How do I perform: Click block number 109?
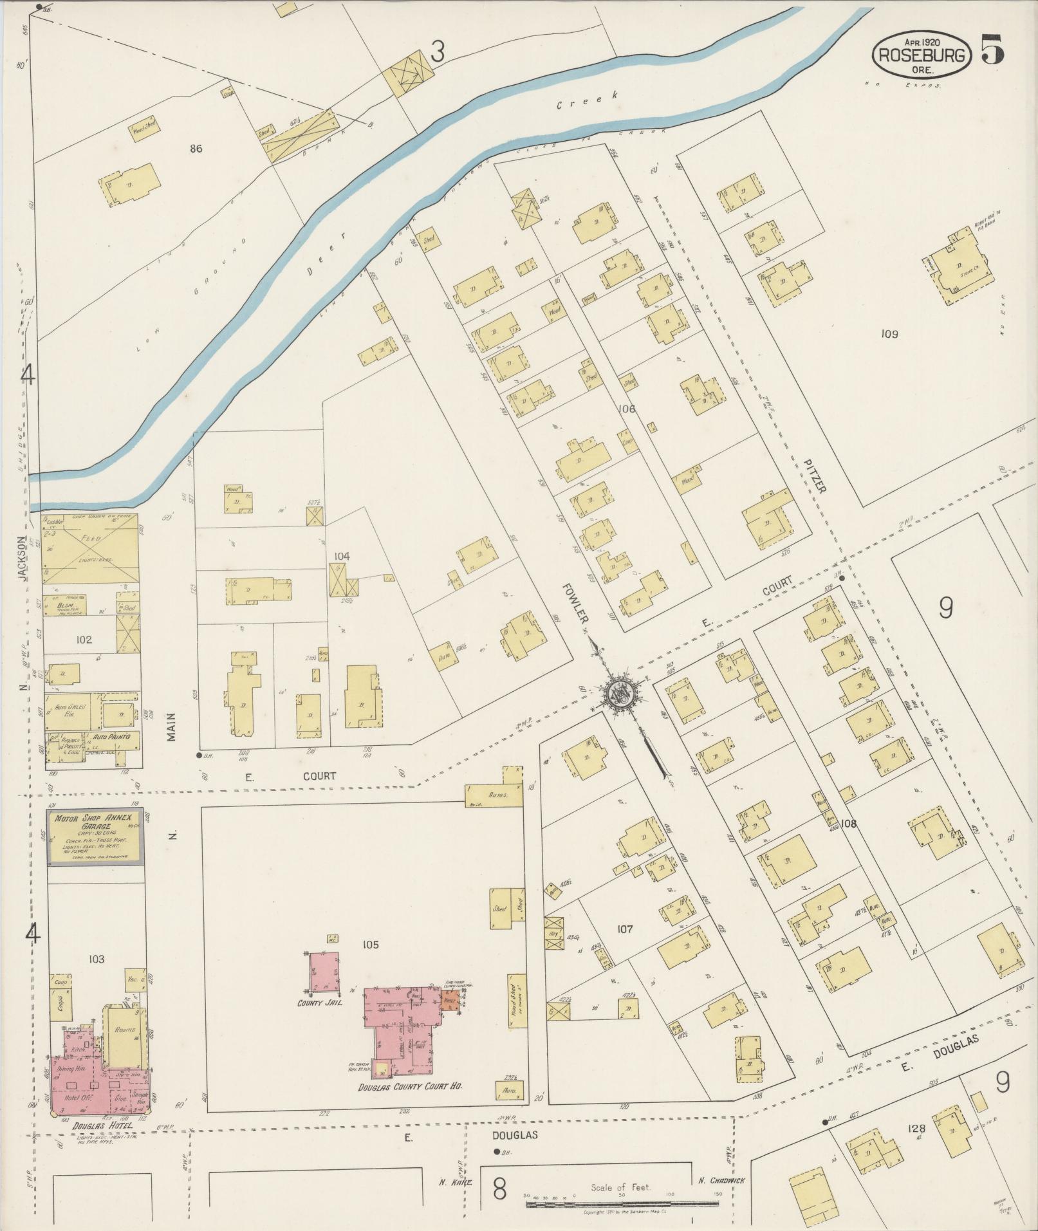[889, 334]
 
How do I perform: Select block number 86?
[196, 149]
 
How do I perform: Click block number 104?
[342, 556]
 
